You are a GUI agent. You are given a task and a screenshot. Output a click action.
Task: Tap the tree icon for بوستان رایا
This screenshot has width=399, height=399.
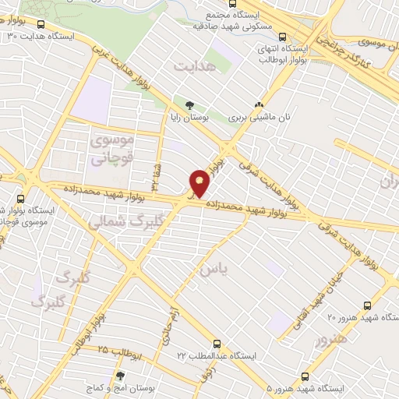(x=189, y=105)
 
